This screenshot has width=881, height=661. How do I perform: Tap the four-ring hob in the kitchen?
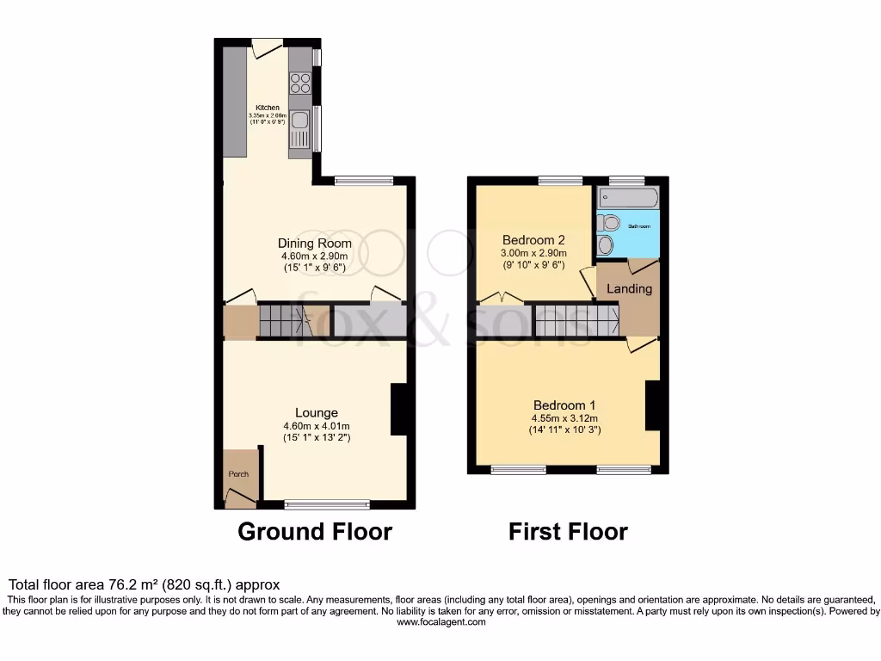point(300,83)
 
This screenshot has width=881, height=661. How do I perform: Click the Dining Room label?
point(314,244)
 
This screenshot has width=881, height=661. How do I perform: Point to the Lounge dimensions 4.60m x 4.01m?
point(316,426)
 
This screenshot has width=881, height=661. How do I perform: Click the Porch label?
point(237,474)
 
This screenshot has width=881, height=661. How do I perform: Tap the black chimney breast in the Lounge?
point(398,409)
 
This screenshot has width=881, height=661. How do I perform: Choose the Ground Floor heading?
point(314,532)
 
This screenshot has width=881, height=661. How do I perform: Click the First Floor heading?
point(568,532)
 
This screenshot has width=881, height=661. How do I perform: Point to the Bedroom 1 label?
point(564,405)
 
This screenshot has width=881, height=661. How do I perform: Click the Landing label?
point(629,289)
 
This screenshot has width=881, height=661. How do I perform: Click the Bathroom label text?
point(638,226)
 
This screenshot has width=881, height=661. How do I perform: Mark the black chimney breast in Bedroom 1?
point(652,405)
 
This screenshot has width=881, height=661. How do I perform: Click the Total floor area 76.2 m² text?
point(144,584)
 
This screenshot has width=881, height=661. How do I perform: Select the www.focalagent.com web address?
point(440,622)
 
